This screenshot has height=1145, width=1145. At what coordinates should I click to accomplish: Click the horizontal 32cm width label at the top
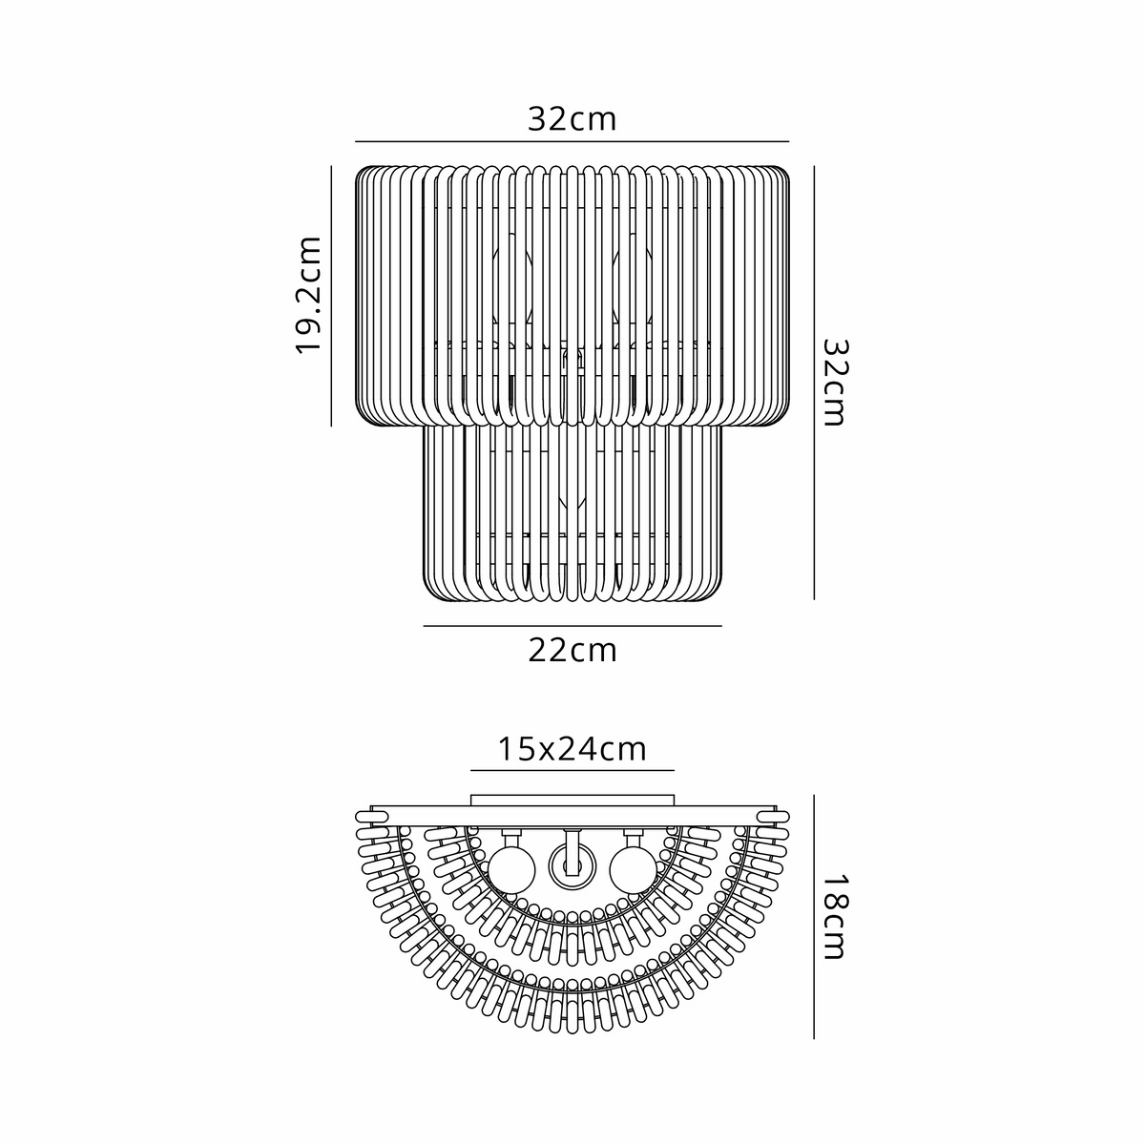(572, 119)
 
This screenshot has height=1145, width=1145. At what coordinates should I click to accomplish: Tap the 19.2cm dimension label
(308, 296)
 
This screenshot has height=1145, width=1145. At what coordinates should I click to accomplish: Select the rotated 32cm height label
(836, 383)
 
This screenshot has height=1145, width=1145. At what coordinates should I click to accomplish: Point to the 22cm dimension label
(572, 651)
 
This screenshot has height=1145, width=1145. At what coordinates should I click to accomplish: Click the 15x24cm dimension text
(572, 749)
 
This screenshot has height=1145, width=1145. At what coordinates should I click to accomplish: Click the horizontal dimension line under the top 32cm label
(572, 142)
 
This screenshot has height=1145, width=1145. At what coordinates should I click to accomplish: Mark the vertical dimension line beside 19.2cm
(331, 296)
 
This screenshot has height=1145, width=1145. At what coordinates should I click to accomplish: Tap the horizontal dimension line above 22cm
(572, 626)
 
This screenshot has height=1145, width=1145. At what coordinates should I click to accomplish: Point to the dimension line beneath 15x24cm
(572, 771)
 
